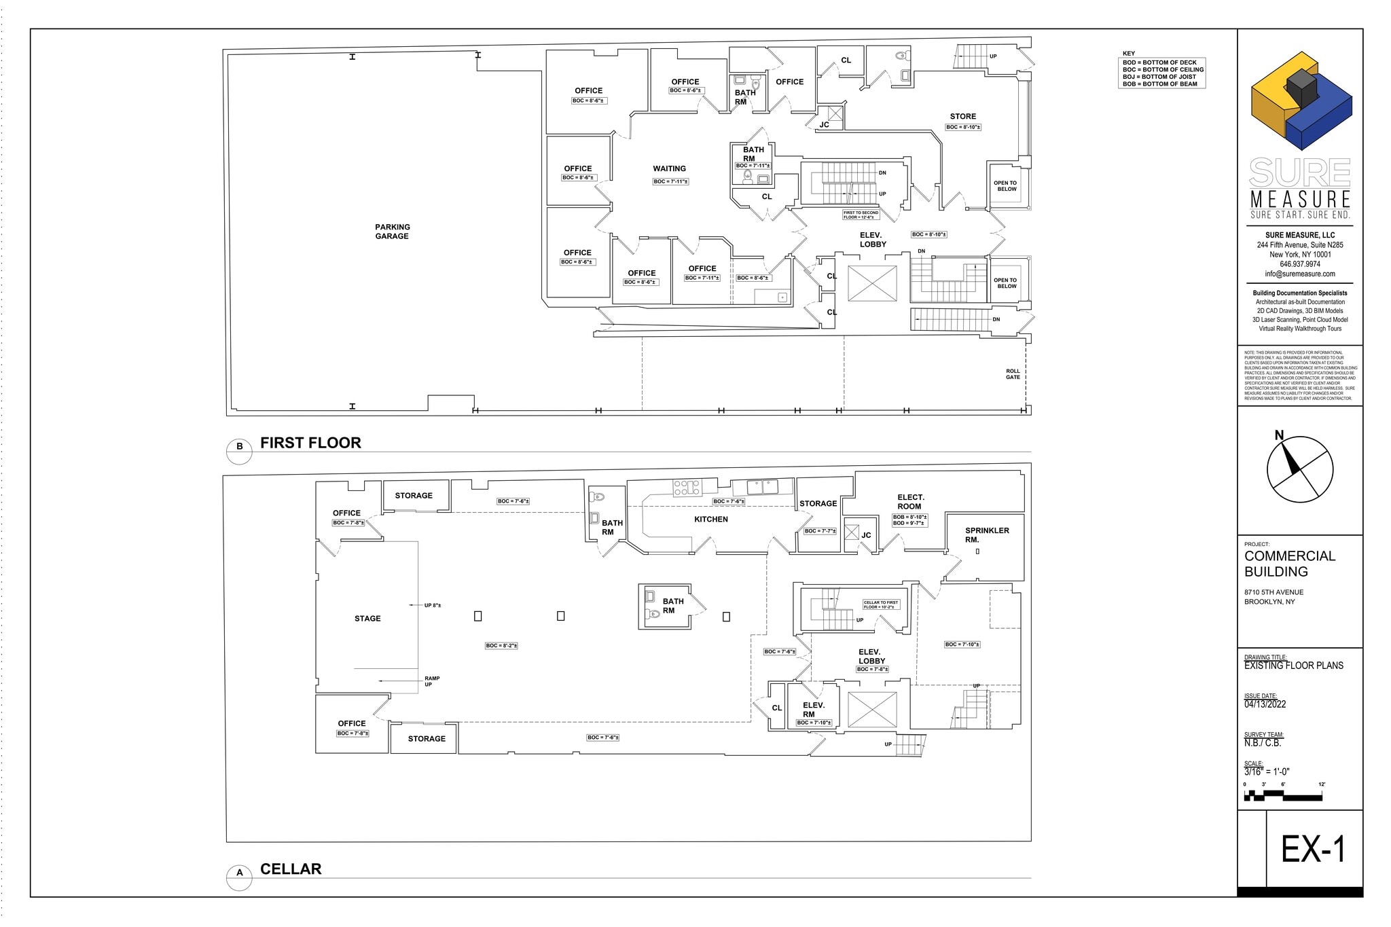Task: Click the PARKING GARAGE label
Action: (392, 232)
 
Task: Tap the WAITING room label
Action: (669, 168)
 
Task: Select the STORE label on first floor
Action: (962, 117)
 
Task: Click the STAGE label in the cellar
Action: (367, 619)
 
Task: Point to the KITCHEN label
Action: (710, 520)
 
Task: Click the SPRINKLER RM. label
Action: (986, 535)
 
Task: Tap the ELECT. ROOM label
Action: (910, 502)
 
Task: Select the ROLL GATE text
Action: (1013, 374)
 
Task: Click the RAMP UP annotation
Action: (431, 681)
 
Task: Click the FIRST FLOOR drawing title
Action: (310, 443)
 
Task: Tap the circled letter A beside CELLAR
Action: (239, 873)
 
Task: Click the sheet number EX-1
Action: (1312, 850)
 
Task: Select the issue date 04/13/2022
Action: (1265, 704)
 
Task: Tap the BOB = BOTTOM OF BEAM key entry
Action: (1160, 84)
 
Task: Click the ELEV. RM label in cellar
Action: (813, 710)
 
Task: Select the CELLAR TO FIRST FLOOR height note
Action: (881, 604)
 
